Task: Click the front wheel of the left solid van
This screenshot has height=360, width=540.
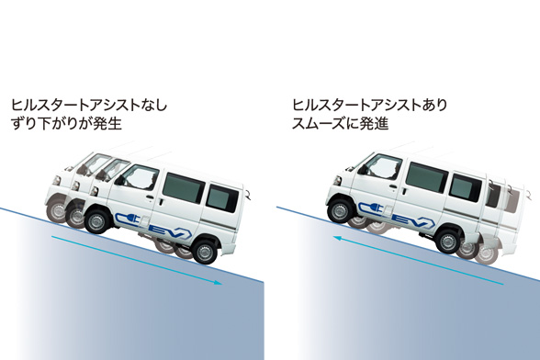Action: tap(98, 220)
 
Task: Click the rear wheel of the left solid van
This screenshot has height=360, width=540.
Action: tap(206, 248)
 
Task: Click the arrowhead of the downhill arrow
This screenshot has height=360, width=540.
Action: tap(218, 284)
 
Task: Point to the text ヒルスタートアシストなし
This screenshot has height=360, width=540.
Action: tap(88, 105)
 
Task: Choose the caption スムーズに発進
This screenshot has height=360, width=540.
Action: tap(339, 123)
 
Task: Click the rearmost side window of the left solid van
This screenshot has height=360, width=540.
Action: tap(220, 197)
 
